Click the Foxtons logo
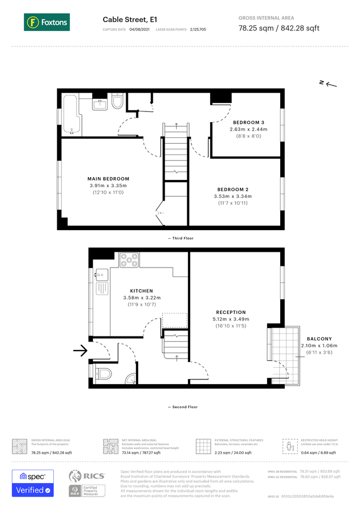click(46, 23)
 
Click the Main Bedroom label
click(109, 179)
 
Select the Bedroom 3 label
click(248, 122)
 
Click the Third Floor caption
click(181, 239)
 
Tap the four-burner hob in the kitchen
click(129, 260)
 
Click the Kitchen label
click(142, 291)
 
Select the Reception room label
click(231, 312)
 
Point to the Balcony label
click(319, 339)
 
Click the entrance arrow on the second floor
click(80, 351)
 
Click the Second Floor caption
click(182, 407)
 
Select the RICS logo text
click(95, 476)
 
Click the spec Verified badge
click(33, 483)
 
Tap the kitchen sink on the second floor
click(101, 275)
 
